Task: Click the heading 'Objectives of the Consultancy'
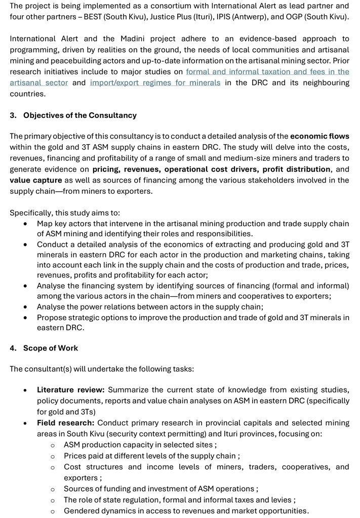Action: (x=80, y=115)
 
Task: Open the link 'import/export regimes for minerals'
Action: (x=155, y=82)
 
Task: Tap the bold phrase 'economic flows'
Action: (x=319, y=136)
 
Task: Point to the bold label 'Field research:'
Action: (x=66, y=422)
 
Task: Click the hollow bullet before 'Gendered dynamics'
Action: (x=53, y=511)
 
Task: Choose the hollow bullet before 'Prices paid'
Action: (x=53, y=456)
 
